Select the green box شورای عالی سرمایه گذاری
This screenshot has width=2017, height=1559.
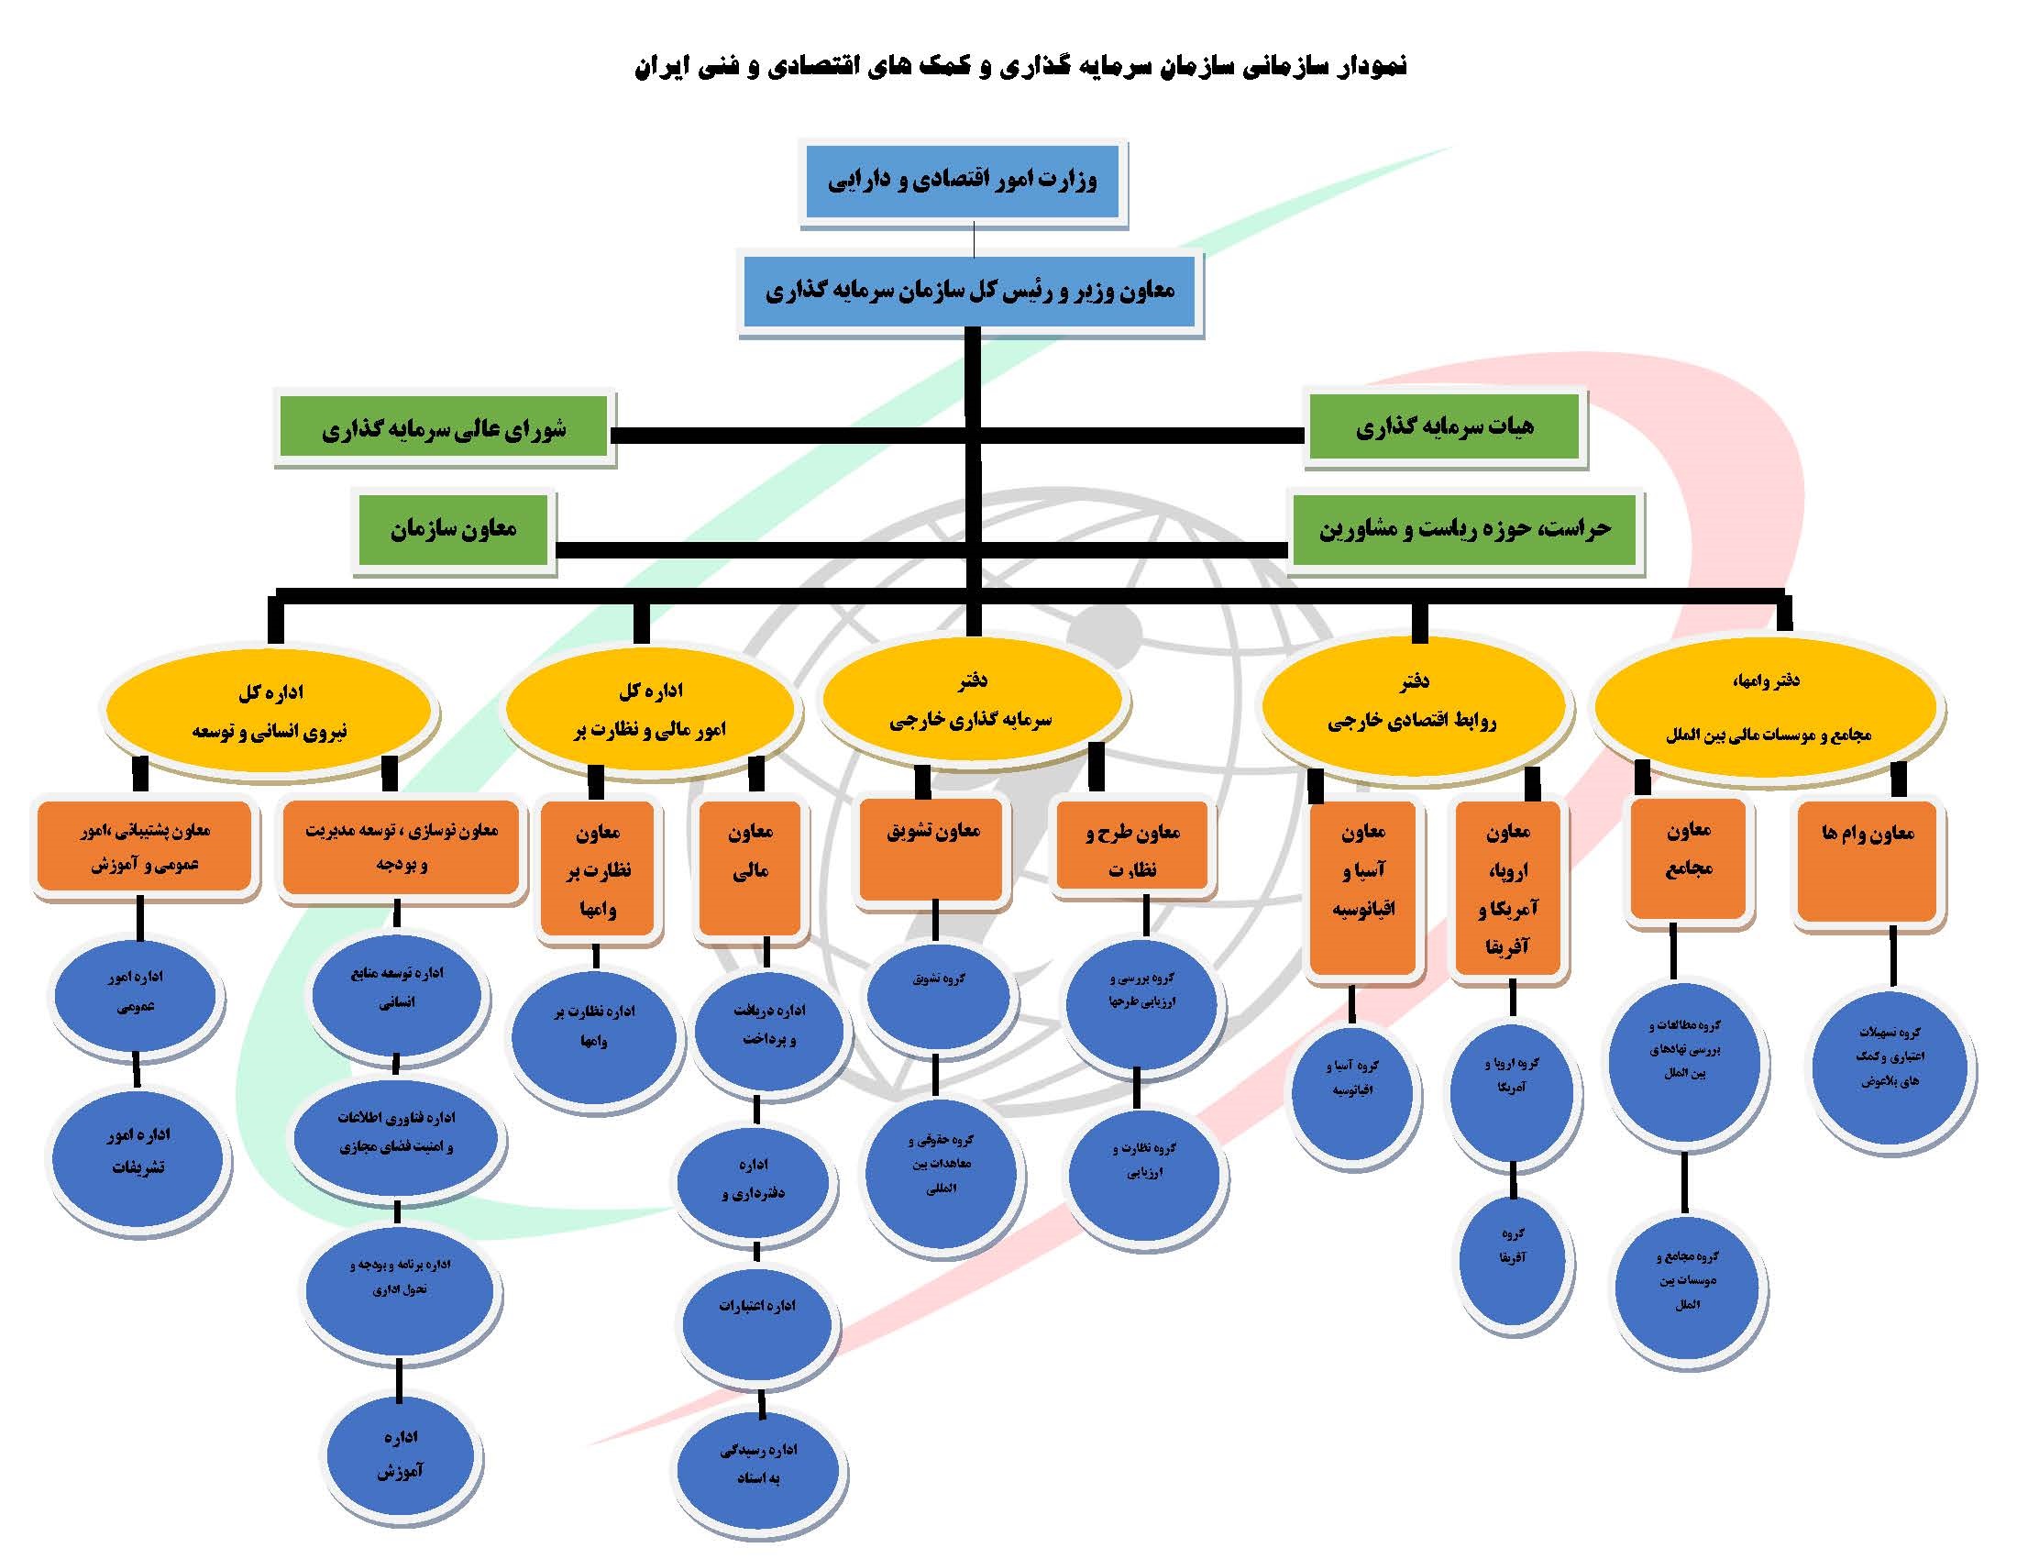coord(444,428)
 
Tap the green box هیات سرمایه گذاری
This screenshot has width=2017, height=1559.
coord(1444,426)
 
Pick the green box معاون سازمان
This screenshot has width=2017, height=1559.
coord(453,529)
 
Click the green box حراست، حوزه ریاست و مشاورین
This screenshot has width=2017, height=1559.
coord(1464,529)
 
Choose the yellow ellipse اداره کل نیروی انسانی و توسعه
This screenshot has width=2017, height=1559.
coord(269,711)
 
